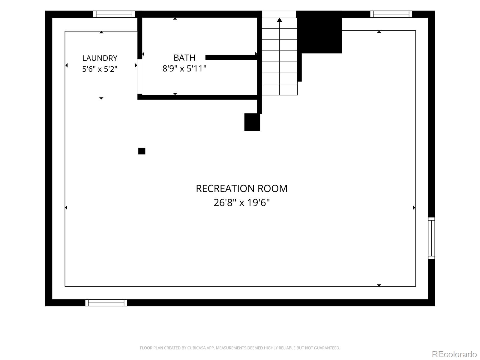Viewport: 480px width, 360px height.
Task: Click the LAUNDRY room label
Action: click(100, 58)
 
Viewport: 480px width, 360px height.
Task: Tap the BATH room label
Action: click(184, 58)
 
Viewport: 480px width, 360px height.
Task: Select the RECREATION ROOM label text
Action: click(241, 188)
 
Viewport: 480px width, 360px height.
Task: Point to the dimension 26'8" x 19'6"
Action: click(241, 202)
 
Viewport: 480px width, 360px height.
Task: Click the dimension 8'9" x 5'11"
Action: click(184, 69)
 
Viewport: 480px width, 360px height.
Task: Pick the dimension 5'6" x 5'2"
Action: click(100, 69)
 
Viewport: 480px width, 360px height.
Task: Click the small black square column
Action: click(142, 151)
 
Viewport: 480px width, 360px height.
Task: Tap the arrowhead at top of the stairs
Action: click(280, 20)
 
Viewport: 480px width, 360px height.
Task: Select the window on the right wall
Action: click(431, 238)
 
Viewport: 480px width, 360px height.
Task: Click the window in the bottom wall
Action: click(106, 303)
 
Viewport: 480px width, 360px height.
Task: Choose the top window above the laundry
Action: click(114, 14)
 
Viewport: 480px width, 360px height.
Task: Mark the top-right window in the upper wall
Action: click(391, 14)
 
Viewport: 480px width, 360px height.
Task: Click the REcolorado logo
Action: click(454, 354)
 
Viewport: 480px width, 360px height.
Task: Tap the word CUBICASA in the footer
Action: click(195, 348)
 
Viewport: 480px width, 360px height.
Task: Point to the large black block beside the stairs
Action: click(319, 32)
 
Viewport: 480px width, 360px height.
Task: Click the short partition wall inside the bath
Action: click(231, 57)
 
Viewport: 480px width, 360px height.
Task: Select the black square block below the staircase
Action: click(252, 122)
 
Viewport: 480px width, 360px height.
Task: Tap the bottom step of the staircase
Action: click(280, 90)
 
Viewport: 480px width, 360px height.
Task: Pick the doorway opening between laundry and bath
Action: click(140, 76)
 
